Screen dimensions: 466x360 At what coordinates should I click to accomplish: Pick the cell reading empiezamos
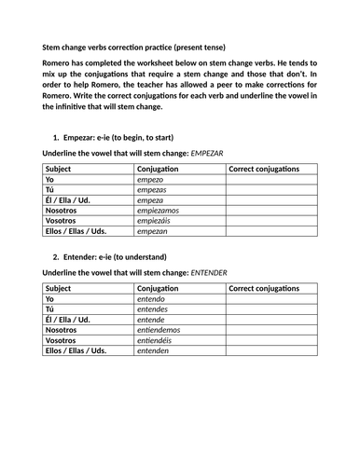(x=159, y=212)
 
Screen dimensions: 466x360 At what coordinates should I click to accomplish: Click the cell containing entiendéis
(x=158, y=340)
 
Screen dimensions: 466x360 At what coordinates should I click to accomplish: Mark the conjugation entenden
(x=154, y=351)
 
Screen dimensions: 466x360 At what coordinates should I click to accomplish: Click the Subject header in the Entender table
(x=59, y=285)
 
